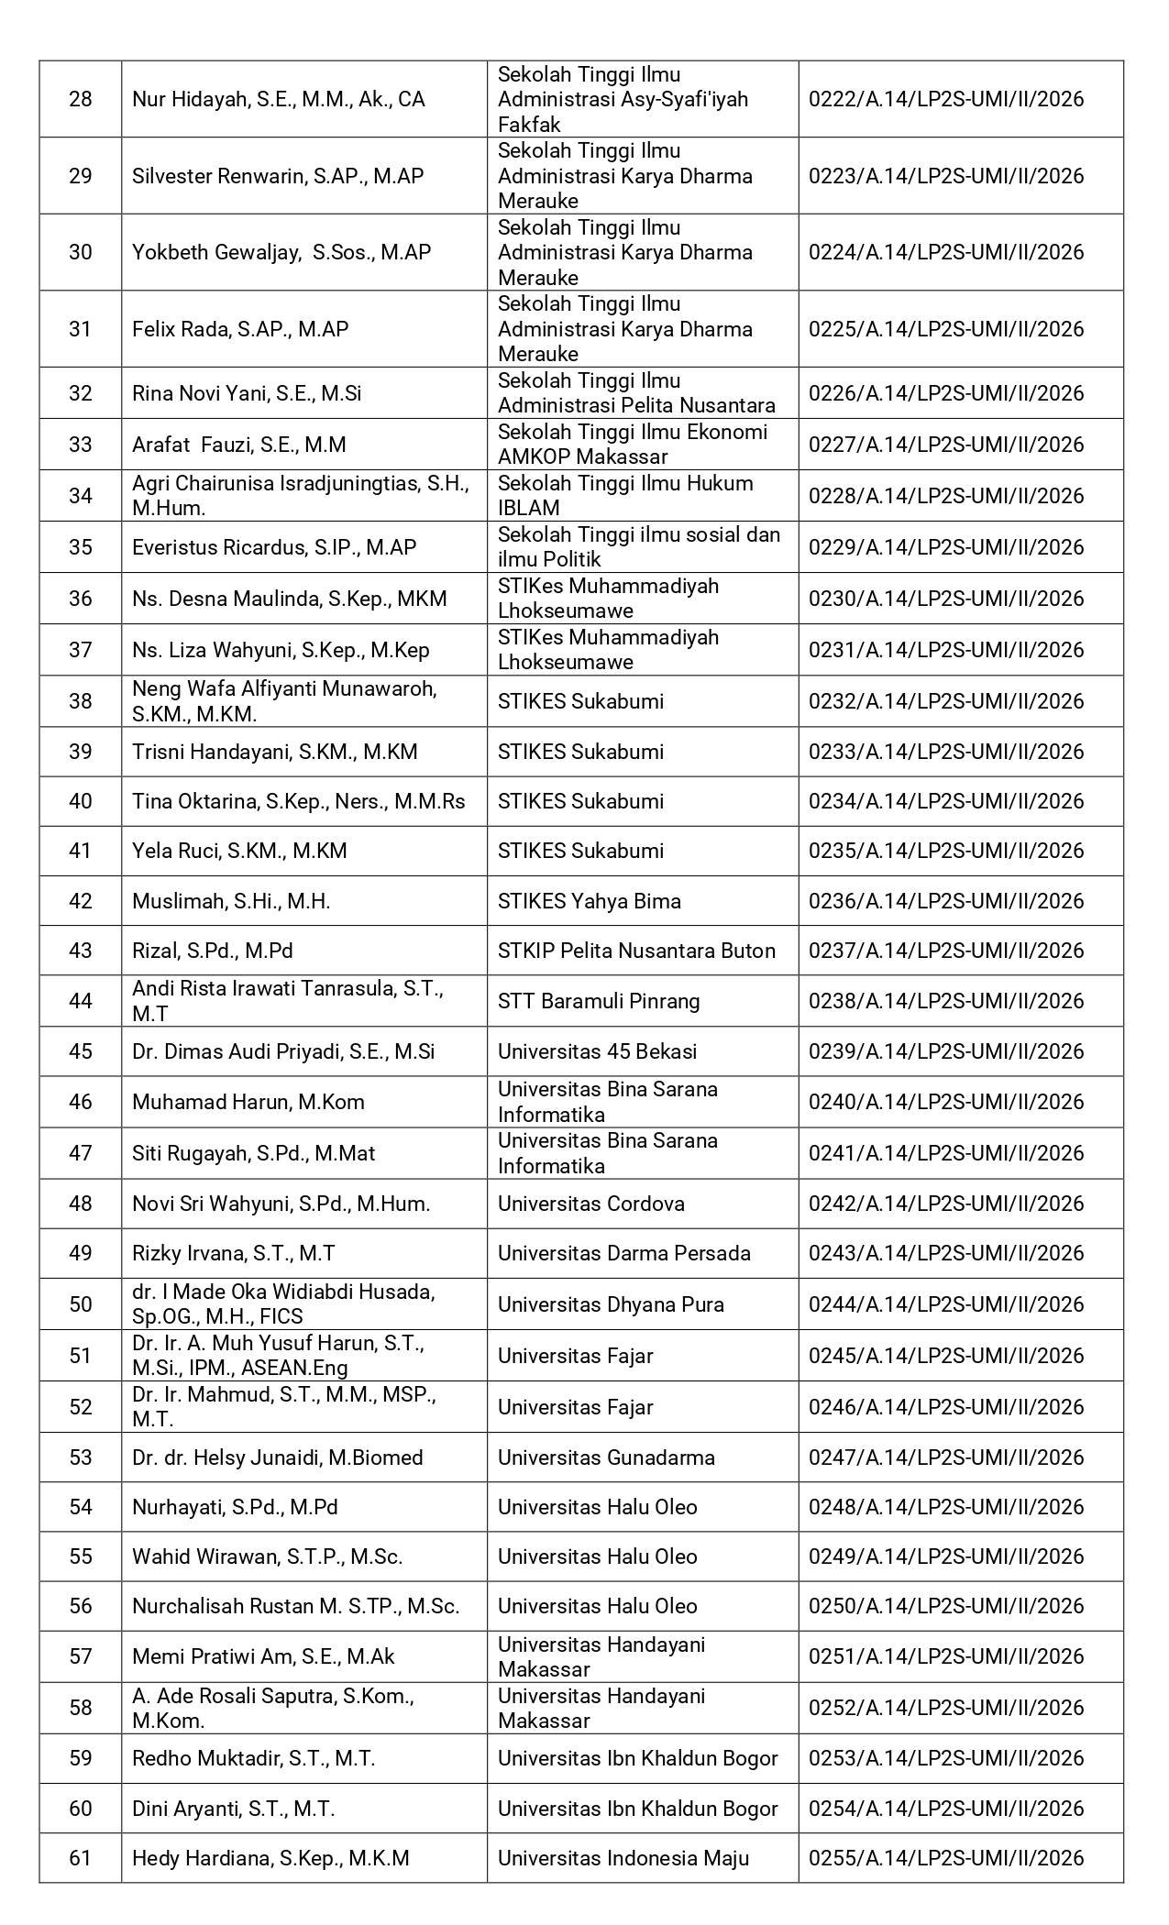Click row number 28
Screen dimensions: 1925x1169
click(81, 99)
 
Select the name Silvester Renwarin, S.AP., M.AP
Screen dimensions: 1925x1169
click(278, 176)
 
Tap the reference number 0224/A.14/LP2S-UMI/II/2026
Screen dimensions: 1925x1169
click(946, 252)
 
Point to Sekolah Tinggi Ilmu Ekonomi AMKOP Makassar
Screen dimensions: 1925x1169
click(633, 445)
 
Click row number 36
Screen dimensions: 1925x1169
click(81, 599)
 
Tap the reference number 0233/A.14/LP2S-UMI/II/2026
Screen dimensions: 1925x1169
click(946, 752)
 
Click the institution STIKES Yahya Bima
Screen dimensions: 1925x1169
click(590, 901)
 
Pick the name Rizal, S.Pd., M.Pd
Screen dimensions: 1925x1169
click(213, 951)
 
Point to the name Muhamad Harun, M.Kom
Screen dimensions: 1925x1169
click(248, 1102)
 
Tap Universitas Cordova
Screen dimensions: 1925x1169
click(591, 1204)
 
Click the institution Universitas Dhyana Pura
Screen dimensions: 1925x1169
click(611, 1304)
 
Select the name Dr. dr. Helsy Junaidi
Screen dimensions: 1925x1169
click(278, 1457)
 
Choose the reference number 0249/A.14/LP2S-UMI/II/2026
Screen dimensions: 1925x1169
click(946, 1556)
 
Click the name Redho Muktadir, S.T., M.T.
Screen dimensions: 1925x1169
click(254, 1758)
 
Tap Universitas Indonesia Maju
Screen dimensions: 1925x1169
click(623, 1858)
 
